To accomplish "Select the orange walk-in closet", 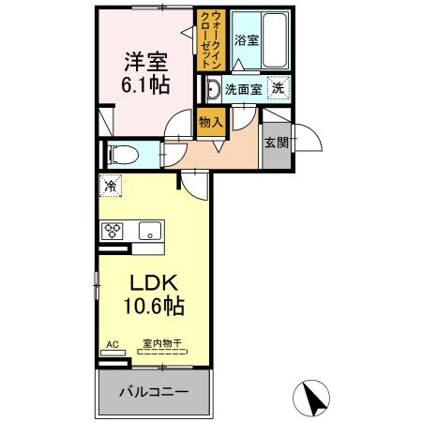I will pyautogui.click(x=209, y=39).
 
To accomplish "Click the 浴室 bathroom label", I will pyautogui.click(x=246, y=39).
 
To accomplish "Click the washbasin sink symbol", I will pyautogui.click(x=211, y=90).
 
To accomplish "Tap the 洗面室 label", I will pyautogui.click(x=243, y=90).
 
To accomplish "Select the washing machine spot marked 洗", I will pyautogui.click(x=278, y=88).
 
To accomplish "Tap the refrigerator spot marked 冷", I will pyautogui.click(x=110, y=186).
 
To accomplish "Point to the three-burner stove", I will pyautogui.click(x=113, y=230).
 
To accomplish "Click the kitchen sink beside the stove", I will pyautogui.click(x=149, y=230).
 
